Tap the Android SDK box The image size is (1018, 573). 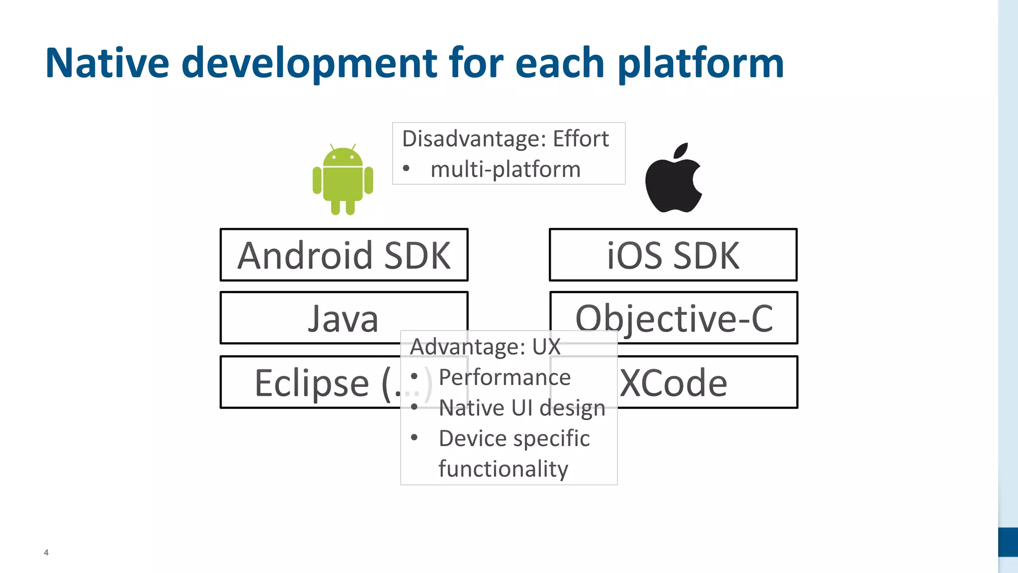click(344, 255)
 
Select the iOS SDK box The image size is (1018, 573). click(673, 255)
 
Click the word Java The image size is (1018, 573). click(343, 318)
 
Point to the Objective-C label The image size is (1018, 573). click(674, 318)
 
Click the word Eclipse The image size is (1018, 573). click(312, 383)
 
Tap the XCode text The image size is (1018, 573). click(674, 383)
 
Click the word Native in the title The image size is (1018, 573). click(107, 63)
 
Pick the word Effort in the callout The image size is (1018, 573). click(581, 139)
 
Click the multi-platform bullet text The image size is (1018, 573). click(506, 170)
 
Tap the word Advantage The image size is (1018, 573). click(467, 347)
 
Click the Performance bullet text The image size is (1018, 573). click(505, 378)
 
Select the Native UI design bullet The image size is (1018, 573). click(522, 408)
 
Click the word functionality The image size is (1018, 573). click(503, 469)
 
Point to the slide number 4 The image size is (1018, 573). click(46, 552)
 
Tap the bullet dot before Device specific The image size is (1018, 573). click(414, 438)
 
